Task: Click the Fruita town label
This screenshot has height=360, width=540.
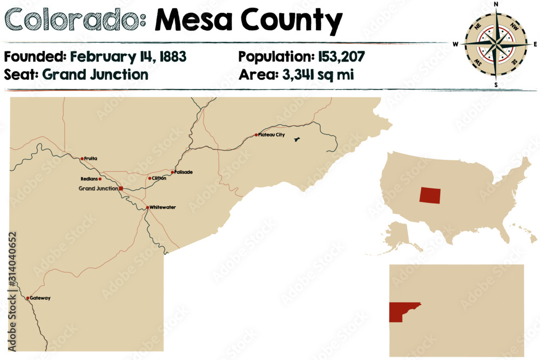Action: coord(92,159)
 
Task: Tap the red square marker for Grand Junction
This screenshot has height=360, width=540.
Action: coord(121,188)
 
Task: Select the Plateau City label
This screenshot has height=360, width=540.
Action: coord(272,134)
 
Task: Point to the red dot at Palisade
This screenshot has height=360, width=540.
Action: coord(172,172)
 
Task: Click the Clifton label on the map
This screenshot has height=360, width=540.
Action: coord(159,178)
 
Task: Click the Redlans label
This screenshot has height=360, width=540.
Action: coord(90,179)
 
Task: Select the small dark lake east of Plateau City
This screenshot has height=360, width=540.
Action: coord(296,140)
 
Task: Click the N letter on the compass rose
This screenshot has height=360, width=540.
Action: coord(496,5)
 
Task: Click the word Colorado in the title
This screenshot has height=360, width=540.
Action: coord(74,21)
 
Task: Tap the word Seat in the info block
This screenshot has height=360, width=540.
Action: coord(21,74)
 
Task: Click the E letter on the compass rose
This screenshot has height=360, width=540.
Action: coord(535,44)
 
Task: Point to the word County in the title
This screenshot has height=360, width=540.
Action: coord(292,22)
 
